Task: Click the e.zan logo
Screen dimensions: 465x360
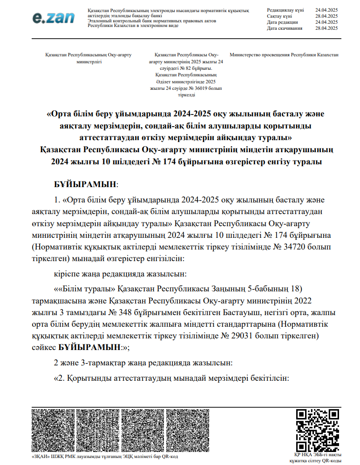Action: tap(54, 18)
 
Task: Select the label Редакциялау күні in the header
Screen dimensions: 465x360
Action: tap(285, 10)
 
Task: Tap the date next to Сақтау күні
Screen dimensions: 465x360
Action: tap(326, 16)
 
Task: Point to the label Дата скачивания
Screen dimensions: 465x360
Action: tap(285, 28)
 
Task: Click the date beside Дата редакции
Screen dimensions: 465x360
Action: tap(326, 22)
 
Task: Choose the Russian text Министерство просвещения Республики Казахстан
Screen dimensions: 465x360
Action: tap(284, 55)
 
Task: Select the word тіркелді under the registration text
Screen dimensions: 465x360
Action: tap(186, 95)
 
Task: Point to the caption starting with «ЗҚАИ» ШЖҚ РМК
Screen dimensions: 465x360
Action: tap(105, 457)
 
